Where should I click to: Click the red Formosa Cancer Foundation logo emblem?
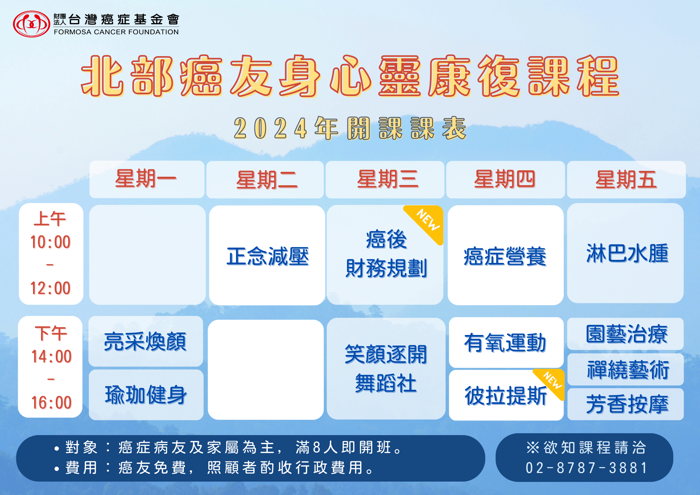coord(31,24)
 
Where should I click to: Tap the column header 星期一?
coord(147,179)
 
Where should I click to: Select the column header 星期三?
coord(385,179)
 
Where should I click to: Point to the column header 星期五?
coord(626,179)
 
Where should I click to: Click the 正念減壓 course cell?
coord(267,255)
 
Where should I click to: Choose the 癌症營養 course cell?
coord(505,255)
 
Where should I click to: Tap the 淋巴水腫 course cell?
coord(625,253)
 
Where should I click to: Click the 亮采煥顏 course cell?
coord(146,341)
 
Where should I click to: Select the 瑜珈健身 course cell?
coord(146,395)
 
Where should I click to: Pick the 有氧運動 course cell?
coord(506,342)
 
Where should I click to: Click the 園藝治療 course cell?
coord(625,334)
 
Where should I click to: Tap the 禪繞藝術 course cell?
coord(625,369)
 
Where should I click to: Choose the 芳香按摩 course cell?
coord(625,404)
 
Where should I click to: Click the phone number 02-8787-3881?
coord(586,468)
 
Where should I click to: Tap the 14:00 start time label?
coord(51,356)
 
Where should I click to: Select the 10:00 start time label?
coord(51,242)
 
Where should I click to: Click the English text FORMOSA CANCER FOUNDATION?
coord(116,32)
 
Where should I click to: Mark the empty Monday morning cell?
coord(147,255)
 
